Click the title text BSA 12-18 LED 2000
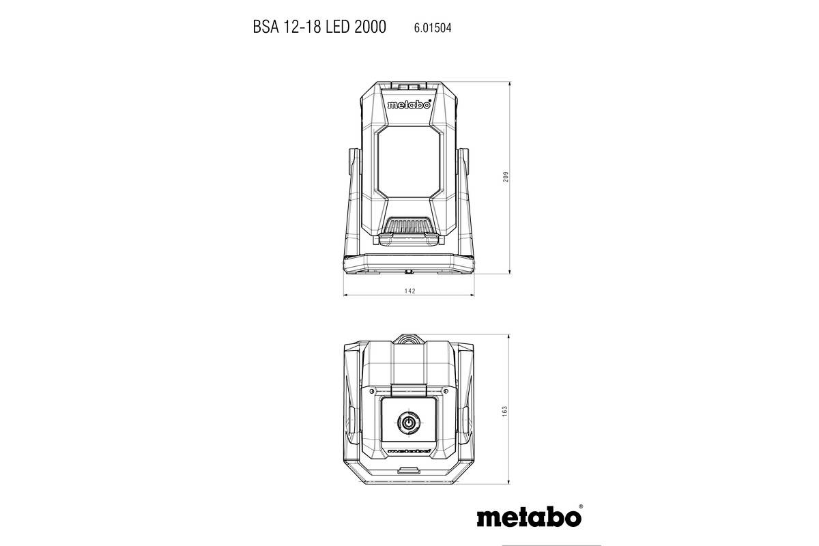coord(319,27)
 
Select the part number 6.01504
coord(432,28)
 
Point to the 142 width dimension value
coord(409,291)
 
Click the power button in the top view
coord(408,423)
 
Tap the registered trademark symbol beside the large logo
coord(580,506)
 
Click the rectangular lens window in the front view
coord(409,162)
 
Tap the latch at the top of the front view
coord(409,87)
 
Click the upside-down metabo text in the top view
coord(408,451)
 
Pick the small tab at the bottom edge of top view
coord(409,470)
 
